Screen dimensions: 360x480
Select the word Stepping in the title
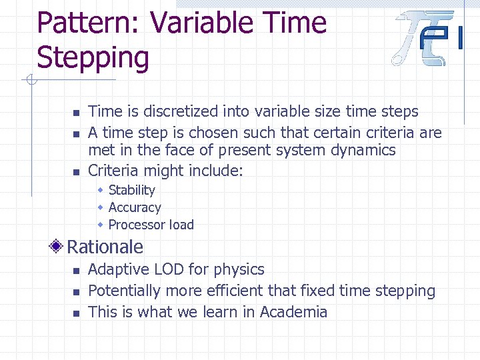(93, 59)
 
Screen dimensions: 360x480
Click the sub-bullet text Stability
(131, 190)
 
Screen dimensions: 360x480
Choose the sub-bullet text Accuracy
(135, 207)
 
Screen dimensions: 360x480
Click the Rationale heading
(105, 247)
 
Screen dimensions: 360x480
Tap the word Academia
(293, 311)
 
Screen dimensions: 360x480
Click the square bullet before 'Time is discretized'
(77, 113)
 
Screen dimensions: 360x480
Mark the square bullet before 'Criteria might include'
(77, 171)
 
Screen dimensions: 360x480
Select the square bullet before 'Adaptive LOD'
(77, 271)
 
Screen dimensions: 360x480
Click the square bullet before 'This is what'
(77, 313)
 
